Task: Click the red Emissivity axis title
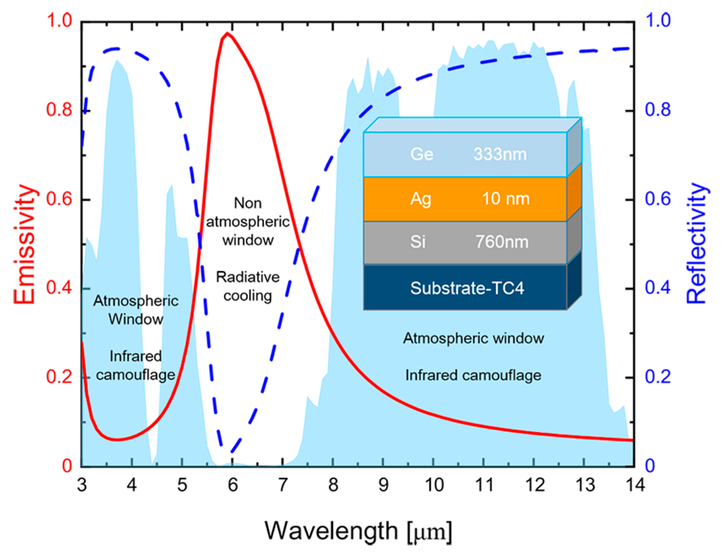pos(24,244)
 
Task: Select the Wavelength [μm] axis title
pos(358,531)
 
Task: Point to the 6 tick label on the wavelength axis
pos(233,485)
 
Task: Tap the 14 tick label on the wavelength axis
pos(635,485)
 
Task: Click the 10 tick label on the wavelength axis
pos(434,485)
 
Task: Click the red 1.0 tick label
pos(60,20)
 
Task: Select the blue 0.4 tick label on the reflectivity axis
pos(658,288)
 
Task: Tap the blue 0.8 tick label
pos(658,110)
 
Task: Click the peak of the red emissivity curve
pos(227,33)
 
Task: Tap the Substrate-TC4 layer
pos(467,288)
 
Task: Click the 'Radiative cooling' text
pos(248,286)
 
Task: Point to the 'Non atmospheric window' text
pos(248,221)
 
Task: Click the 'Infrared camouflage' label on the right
pos(473,375)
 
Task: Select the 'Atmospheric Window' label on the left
pos(136,310)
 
